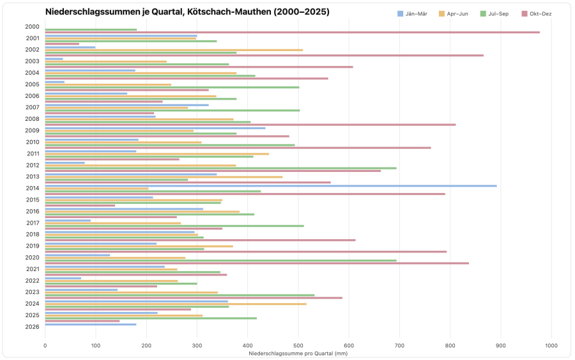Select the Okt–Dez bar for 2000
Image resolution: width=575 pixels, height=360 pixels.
(292, 32)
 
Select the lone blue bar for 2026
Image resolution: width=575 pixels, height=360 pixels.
(91, 324)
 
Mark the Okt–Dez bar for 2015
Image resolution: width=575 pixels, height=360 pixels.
(80, 205)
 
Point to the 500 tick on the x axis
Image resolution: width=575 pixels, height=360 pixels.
(298, 345)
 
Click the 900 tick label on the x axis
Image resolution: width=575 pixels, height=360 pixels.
(500, 345)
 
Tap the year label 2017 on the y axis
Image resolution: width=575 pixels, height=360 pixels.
(33, 223)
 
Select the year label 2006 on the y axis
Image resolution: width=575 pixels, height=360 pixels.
(33, 96)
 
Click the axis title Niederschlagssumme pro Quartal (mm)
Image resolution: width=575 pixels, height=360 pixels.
(298, 352)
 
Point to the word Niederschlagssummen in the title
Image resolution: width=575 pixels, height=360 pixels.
(88, 12)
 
